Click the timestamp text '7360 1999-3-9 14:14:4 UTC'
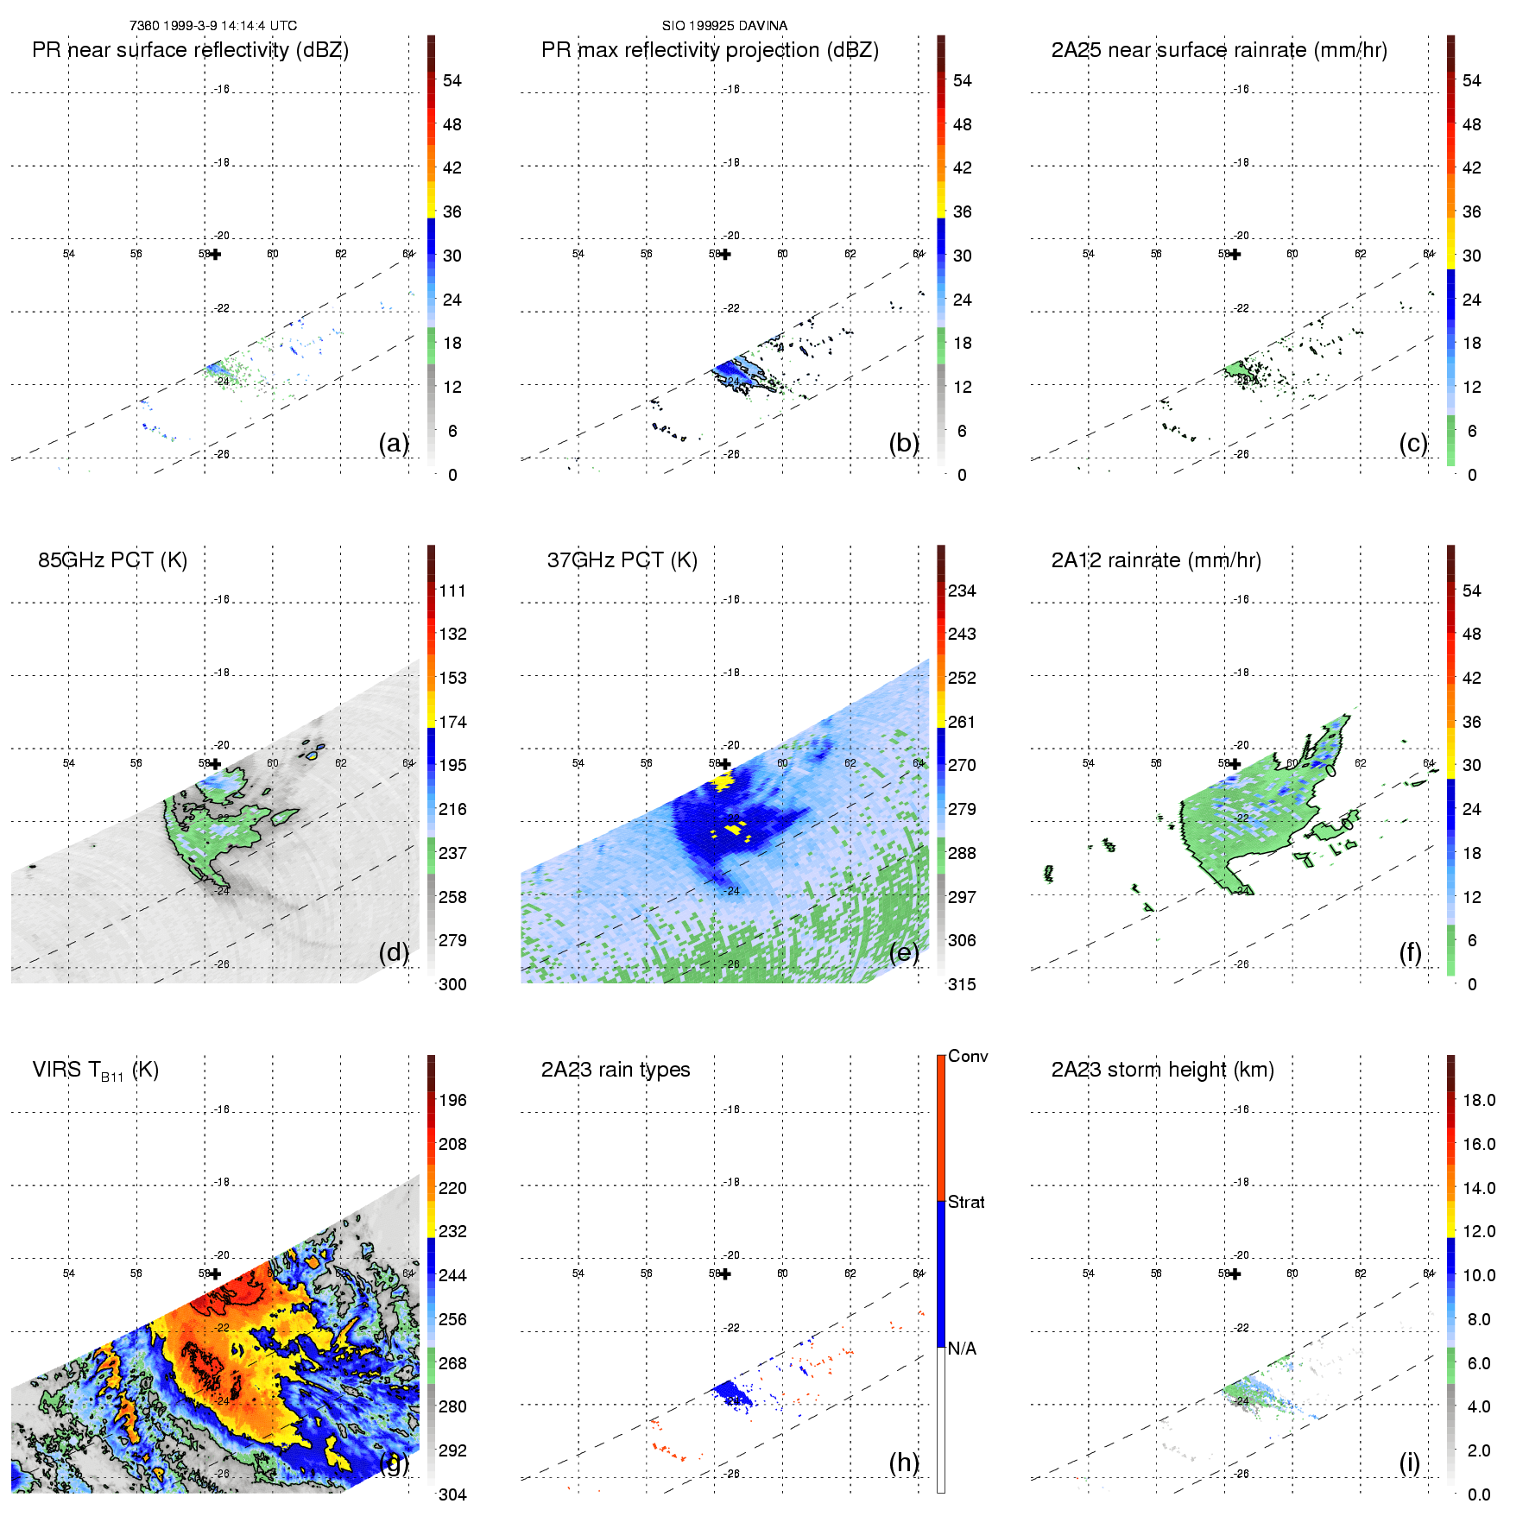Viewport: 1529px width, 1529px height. [212, 26]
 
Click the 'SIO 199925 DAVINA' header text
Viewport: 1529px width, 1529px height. [724, 26]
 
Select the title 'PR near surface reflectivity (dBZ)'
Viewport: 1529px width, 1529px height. [190, 50]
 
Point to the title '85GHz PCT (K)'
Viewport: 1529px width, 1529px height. [112, 559]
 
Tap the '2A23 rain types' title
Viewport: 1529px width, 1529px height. [616, 1070]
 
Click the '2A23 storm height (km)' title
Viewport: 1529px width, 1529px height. [1162, 1070]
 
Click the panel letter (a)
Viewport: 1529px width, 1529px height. [394, 443]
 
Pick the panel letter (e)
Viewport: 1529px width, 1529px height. [904, 952]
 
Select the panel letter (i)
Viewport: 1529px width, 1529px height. [1409, 1463]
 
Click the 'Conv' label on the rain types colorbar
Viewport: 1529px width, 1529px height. [968, 1056]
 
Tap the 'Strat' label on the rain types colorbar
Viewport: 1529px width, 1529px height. [966, 1202]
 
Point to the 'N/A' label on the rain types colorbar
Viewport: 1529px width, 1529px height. [962, 1349]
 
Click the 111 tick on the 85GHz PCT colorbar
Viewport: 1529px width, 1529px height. [452, 591]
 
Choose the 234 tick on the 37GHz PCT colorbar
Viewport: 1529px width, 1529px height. [962, 591]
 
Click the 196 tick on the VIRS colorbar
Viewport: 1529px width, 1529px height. [452, 1100]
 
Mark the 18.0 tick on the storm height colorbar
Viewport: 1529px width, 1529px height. [1478, 1100]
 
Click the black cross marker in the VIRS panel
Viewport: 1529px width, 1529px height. [216, 1273]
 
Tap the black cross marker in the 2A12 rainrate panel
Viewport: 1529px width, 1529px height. [1235, 764]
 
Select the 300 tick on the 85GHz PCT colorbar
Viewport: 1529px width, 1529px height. [452, 984]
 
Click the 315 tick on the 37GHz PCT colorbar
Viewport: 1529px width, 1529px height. [962, 984]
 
